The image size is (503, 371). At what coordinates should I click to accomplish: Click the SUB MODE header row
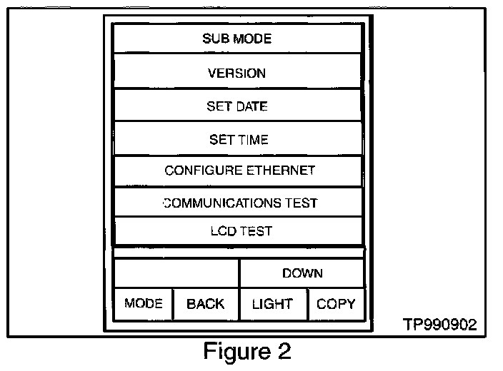[x=237, y=39]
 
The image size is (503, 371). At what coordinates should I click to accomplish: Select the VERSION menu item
[x=237, y=71]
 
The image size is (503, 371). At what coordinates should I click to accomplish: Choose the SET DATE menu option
[x=237, y=105]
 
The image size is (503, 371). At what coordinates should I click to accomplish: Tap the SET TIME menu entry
[x=238, y=138]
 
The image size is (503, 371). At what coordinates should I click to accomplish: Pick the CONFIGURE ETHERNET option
[x=238, y=171]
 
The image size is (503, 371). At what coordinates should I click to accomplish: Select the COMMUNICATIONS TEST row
[x=238, y=202]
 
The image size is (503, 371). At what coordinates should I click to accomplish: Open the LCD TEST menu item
[x=238, y=230]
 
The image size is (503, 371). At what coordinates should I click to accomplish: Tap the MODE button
[x=144, y=304]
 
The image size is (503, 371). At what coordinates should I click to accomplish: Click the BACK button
[x=206, y=304]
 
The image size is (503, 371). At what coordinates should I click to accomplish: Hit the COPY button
[x=337, y=304]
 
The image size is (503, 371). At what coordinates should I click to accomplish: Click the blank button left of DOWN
[x=176, y=273]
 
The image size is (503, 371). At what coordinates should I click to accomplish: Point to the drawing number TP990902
[x=439, y=325]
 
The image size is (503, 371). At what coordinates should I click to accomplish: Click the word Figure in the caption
[x=237, y=352]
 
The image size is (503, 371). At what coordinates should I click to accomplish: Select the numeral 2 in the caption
[x=284, y=350]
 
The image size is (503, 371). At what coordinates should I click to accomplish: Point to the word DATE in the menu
[x=251, y=106]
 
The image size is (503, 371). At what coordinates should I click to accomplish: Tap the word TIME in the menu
[x=253, y=140]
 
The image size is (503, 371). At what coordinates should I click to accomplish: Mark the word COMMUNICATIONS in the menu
[x=222, y=203]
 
